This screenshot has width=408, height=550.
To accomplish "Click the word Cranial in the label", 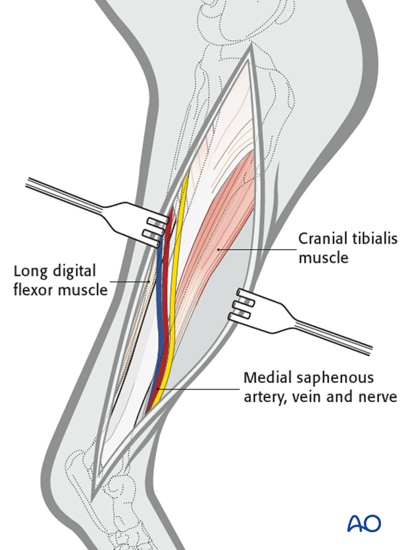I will click(322, 239).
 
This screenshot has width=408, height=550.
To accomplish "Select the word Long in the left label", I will click(29, 271).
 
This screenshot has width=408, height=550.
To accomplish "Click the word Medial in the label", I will click(265, 378).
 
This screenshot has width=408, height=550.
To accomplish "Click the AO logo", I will click(364, 524).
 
